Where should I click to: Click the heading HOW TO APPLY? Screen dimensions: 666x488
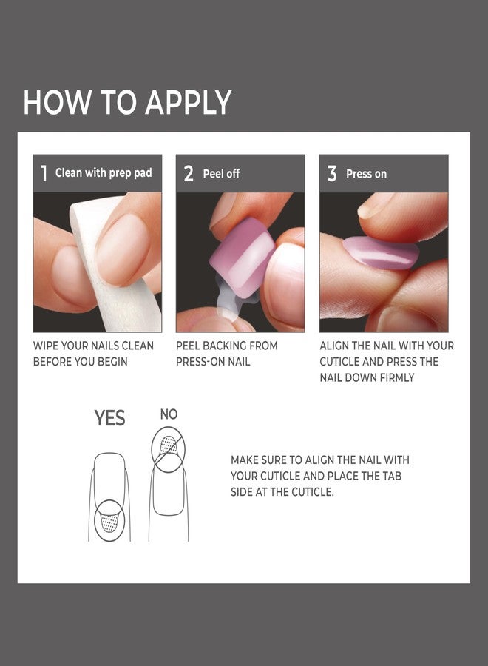[127, 103]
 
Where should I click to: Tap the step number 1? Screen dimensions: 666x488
[44, 174]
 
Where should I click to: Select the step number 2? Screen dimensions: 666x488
[189, 174]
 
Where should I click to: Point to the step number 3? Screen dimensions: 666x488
[332, 174]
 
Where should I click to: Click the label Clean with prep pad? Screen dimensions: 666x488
[104, 173]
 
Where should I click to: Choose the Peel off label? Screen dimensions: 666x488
[222, 174]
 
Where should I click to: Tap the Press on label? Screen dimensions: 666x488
[366, 174]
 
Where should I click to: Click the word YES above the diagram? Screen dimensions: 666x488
[109, 419]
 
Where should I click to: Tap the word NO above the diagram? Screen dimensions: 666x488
[169, 414]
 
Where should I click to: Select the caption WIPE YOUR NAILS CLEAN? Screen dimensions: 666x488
[93, 346]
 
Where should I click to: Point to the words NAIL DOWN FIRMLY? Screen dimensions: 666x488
[367, 377]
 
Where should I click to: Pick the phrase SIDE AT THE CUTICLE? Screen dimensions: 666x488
[282, 492]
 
